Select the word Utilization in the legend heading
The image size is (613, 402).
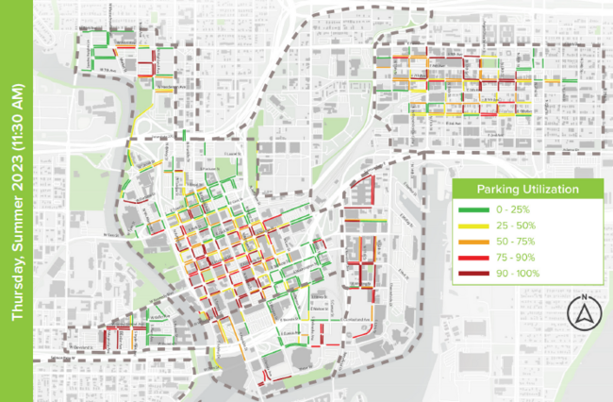(x=552, y=190)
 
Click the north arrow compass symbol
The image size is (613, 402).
(x=583, y=315)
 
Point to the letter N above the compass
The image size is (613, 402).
(x=583, y=299)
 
